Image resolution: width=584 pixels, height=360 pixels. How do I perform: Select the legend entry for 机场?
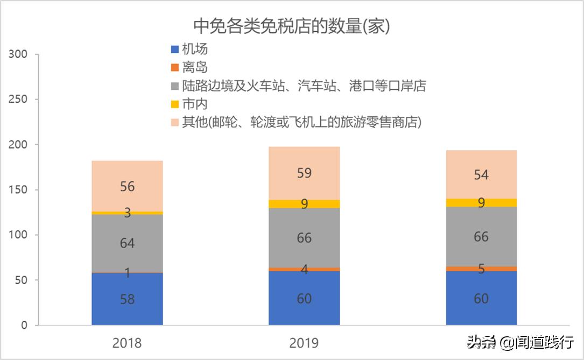(189, 50)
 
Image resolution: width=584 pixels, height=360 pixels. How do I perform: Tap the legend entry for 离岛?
(189, 68)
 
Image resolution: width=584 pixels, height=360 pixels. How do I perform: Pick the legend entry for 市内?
(189, 104)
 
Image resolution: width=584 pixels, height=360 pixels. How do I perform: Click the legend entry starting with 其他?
(295, 123)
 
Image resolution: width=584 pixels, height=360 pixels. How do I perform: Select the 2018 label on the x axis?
(127, 343)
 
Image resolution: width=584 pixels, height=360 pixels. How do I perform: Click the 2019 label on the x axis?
(304, 343)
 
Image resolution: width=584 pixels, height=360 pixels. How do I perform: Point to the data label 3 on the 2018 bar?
(127, 213)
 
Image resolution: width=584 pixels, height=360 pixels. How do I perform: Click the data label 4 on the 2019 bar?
(304, 269)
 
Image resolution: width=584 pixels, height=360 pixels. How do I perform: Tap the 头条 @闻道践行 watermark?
(520, 342)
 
